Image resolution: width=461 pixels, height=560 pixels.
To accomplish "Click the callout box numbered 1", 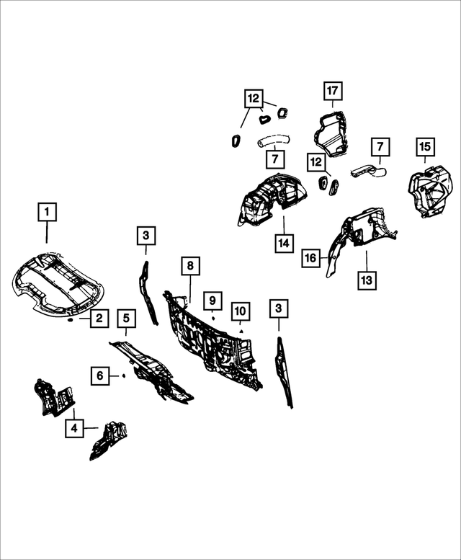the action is pyautogui.click(x=47, y=212).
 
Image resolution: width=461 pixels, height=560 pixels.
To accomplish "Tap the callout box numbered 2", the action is pyautogui.click(x=99, y=318).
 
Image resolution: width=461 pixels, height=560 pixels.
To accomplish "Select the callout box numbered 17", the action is pyautogui.click(x=333, y=91).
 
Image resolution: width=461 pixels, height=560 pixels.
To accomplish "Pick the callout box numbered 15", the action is pyautogui.click(x=425, y=147).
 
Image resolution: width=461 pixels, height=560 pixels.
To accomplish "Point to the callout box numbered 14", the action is pyautogui.click(x=284, y=244).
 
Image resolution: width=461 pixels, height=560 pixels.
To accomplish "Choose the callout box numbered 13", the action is pyautogui.click(x=367, y=280).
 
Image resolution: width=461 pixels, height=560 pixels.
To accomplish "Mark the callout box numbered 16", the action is pyautogui.click(x=310, y=257).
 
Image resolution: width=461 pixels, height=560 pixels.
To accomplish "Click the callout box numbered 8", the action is pyautogui.click(x=190, y=265).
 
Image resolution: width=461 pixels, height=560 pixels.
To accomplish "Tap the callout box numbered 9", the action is pyautogui.click(x=212, y=301).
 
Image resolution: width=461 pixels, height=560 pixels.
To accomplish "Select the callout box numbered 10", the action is pyautogui.click(x=241, y=311).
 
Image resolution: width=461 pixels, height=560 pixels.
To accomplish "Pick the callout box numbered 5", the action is pyautogui.click(x=126, y=319).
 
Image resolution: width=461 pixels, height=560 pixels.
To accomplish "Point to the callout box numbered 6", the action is pyautogui.click(x=100, y=375).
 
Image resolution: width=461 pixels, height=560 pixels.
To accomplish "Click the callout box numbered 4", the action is pyautogui.click(x=74, y=428).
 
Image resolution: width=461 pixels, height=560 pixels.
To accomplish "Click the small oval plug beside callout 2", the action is pyautogui.click(x=71, y=320).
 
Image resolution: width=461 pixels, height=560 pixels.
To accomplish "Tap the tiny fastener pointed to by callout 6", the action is pyautogui.click(x=123, y=375).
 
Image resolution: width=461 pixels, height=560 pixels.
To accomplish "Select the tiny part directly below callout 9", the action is pyautogui.click(x=213, y=318).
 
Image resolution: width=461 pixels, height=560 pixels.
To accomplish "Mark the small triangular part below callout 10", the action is pyautogui.click(x=241, y=331).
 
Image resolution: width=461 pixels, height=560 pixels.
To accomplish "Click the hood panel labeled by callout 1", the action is pyautogui.click(x=57, y=281).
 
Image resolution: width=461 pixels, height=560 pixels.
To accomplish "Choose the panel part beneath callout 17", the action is pyautogui.click(x=331, y=133).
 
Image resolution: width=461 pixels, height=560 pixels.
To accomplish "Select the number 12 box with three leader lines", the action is pyautogui.click(x=254, y=98).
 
